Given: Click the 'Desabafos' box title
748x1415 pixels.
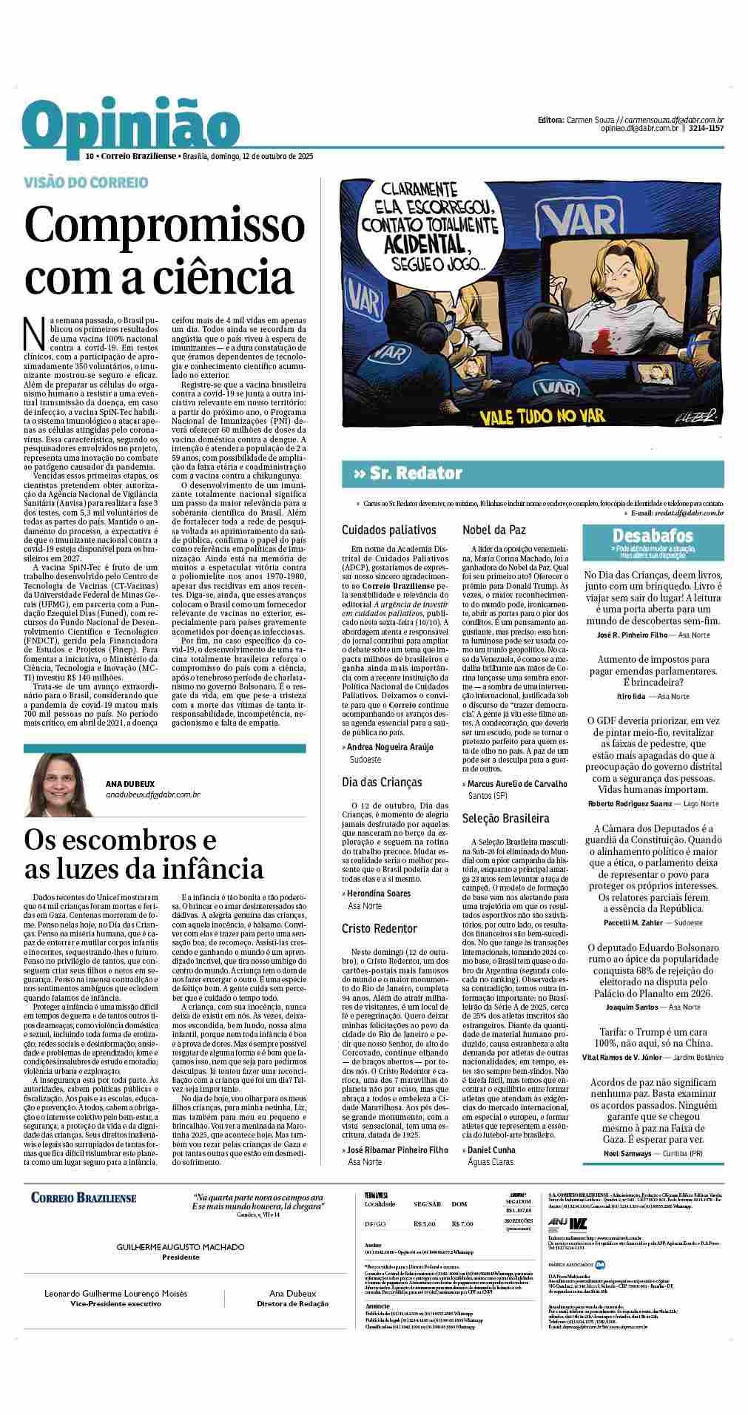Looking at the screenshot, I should [x=652, y=536].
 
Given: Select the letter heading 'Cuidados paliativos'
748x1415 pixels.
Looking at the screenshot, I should [x=389, y=530].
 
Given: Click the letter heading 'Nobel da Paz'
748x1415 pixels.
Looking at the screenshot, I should [x=493, y=530].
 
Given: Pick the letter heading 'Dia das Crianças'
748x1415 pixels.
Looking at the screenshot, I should [x=382, y=782].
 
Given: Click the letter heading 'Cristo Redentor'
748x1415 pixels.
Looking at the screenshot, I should [x=380, y=928].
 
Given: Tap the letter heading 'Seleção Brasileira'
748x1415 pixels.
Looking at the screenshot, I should [x=506, y=818].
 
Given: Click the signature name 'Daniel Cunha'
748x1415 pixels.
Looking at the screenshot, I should [x=492, y=1150].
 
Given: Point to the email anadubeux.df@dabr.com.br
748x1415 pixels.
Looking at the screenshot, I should [x=153, y=795].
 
